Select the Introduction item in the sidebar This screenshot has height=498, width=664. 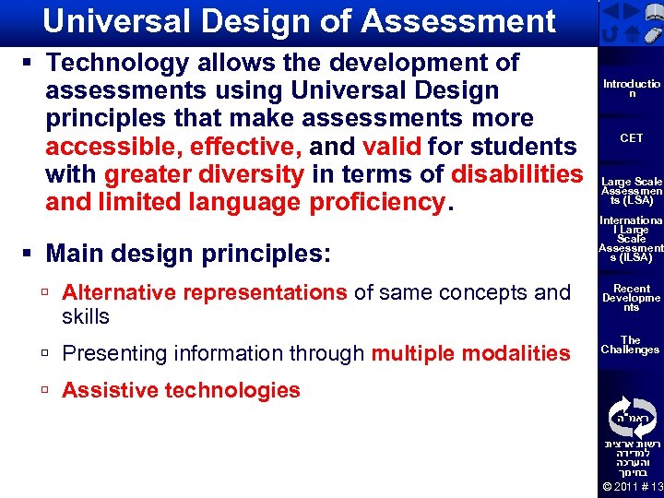click(x=632, y=89)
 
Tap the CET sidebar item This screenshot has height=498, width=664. click(x=632, y=138)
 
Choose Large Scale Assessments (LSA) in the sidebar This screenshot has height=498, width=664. click(x=632, y=191)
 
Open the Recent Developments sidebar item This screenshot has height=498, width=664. click(x=632, y=298)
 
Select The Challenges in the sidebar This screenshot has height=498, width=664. click(x=632, y=345)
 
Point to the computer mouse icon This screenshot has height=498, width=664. click(x=652, y=35)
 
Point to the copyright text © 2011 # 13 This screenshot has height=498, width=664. click(x=632, y=487)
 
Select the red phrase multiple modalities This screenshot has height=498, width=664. click(x=470, y=353)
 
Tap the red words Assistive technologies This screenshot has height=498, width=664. click(x=181, y=390)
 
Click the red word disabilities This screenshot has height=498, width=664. click(x=517, y=174)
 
